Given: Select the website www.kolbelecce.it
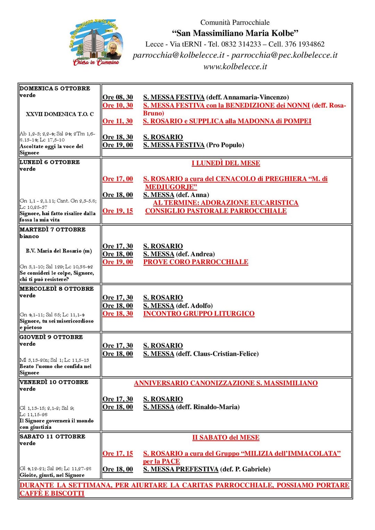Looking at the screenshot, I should (235, 67).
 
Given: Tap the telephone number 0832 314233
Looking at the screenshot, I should (241, 44).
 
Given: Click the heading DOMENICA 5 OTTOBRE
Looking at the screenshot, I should (55, 88).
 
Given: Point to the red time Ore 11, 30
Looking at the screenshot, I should (118, 121).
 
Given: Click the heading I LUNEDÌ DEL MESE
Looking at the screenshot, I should (226, 163).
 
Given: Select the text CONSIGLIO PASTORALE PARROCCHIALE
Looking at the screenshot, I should (216, 211).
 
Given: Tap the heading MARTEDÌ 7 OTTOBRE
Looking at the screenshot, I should (52, 230).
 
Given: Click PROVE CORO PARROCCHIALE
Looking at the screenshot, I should (196, 262).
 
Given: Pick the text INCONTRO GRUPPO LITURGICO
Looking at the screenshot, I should (199, 314).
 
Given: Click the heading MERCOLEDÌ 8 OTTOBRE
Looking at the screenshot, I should (57, 289).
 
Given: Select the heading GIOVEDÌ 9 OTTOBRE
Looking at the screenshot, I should (51, 337).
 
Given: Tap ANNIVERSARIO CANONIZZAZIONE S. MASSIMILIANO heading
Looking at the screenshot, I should (226, 383).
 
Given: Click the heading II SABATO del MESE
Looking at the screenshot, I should (226, 437).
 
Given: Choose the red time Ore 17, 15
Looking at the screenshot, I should (118, 453).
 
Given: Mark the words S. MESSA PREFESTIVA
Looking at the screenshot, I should (181, 469).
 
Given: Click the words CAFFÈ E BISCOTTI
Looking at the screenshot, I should (52, 493).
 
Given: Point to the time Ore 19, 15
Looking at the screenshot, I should (118, 211).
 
